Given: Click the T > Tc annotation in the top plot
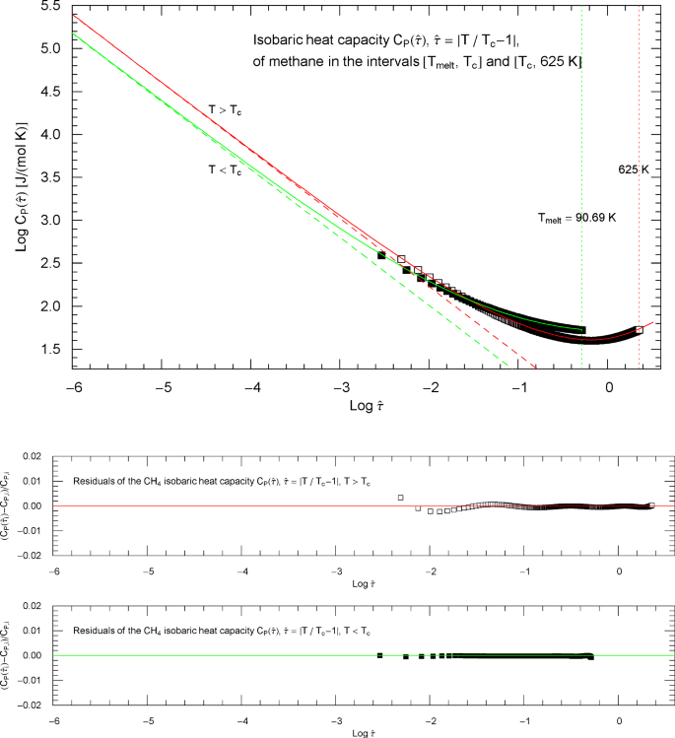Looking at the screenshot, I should (225, 110).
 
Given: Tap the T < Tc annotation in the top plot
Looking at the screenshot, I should (225, 169).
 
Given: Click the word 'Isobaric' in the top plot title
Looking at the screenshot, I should (276, 43).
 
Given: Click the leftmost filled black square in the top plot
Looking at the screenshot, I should (381, 255).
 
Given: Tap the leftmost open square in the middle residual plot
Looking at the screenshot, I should (400, 498).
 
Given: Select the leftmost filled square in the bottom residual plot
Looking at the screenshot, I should (379, 655).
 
